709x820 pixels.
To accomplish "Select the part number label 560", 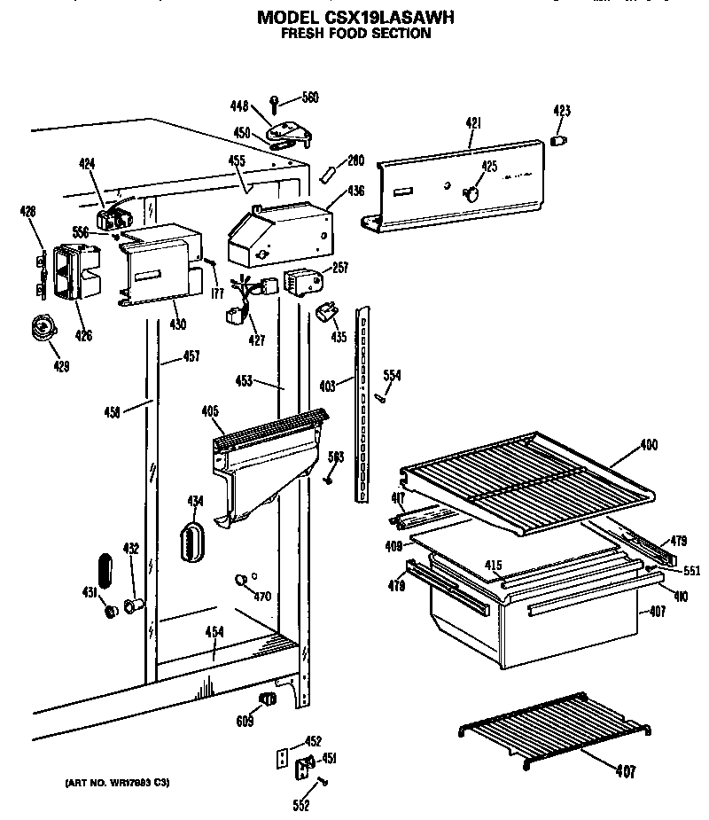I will coord(310,98).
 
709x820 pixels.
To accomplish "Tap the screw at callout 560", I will coord(276,102).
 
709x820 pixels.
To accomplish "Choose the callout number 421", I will coord(472,125).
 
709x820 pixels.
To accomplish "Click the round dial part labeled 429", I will coord(41,329).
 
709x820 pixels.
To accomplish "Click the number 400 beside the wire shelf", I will coord(648,445).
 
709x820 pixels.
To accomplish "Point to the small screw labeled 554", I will coord(380,396).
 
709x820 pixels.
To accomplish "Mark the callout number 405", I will coord(209,411).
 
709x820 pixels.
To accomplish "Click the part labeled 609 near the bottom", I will coord(265,700).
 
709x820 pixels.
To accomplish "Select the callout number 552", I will coord(300,805).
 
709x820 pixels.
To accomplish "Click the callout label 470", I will coord(261,596).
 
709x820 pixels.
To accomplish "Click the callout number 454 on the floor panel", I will coord(214,631).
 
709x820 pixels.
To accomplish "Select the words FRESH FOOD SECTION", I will coord(355,34).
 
